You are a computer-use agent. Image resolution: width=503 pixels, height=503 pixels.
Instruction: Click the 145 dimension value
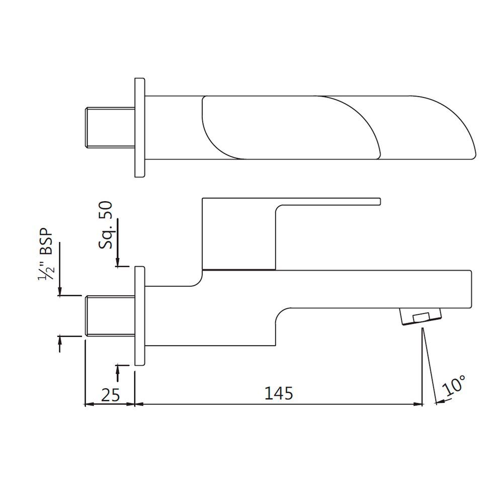point(279,393)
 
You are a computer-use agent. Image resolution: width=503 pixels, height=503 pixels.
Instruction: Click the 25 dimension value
point(110,395)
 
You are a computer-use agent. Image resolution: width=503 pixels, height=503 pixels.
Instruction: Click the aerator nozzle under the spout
point(421,318)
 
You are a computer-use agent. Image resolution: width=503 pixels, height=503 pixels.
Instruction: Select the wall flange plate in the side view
point(140,316)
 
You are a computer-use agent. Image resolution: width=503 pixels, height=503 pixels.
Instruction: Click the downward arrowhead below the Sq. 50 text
point(118,262)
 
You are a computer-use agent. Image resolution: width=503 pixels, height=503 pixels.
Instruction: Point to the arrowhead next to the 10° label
point(439,401)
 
